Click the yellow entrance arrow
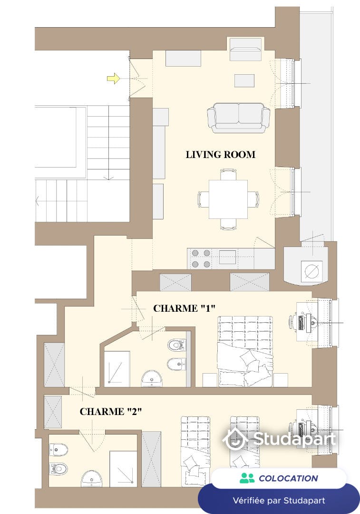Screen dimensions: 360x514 [113, 79]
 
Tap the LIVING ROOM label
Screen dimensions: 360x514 [221, 155]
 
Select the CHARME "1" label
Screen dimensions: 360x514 [185, 308]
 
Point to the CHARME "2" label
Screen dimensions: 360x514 [111, 411]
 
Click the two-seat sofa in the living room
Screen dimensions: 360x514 [238, 118]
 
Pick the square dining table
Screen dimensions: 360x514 [228, 199]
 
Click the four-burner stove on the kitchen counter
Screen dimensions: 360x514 [201, 258]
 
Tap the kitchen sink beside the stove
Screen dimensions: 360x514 [228, 257]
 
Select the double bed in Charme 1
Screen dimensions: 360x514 [245, 351]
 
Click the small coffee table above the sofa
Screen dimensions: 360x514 [244, 80]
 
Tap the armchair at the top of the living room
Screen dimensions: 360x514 [246, 49]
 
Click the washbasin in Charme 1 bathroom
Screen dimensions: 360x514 [152, 379]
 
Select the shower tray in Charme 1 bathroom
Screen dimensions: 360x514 [117, 369]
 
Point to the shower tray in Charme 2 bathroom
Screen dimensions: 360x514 [123, 469]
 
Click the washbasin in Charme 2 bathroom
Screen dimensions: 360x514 [91, 479]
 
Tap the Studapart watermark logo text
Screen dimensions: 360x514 [294, 439]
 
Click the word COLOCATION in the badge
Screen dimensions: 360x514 [288, 478]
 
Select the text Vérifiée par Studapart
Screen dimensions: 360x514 [279, 501]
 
